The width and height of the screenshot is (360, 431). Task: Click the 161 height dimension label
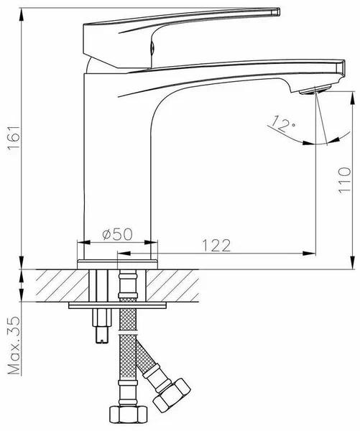click(14, 137)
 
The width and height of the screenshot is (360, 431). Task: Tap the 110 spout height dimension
click(345, 180)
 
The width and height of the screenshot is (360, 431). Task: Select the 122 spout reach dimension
click(216, 245)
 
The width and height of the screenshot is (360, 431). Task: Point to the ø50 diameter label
click(117, 234)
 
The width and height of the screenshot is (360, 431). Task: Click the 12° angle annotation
click(282, 124)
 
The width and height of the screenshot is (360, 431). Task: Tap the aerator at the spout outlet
click(315, 90)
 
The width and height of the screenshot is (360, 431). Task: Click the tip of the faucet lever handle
click(278, 11)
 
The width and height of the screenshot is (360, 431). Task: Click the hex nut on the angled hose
click(172, 395)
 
